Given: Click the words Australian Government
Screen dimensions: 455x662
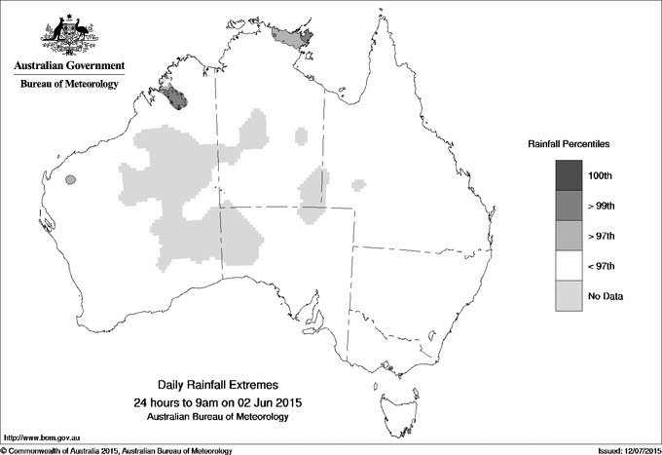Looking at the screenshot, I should [x=68, y=66].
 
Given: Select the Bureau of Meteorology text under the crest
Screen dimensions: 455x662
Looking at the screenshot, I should [x=68, y=84].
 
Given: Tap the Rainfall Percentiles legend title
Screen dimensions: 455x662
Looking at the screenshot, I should [x=569, y=143].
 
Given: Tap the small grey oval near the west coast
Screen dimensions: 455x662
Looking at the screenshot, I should [x=70, y=180].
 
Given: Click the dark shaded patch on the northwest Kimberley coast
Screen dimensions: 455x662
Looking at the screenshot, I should [x=175, y=97].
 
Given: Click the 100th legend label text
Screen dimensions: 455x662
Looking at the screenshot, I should [x=602, y=175].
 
